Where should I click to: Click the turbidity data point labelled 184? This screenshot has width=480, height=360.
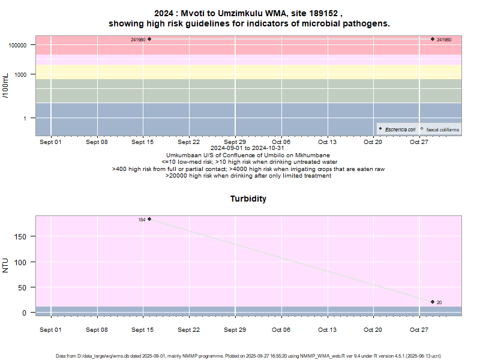[149, 219]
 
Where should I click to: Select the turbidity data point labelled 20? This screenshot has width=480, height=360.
[433, 302]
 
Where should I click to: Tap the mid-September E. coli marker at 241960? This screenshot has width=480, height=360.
[149, 39]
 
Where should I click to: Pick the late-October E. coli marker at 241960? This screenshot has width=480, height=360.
[433, 39]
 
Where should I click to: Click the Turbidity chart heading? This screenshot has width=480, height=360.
[248, 199]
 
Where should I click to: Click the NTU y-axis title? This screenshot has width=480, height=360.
[6, 265]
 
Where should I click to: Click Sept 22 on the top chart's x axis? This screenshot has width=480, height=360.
[188, 142]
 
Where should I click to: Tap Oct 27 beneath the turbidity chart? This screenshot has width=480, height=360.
[419, 329]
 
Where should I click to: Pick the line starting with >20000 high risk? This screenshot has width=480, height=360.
[248, 176]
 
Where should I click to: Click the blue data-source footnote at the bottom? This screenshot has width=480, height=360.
[248, 356]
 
